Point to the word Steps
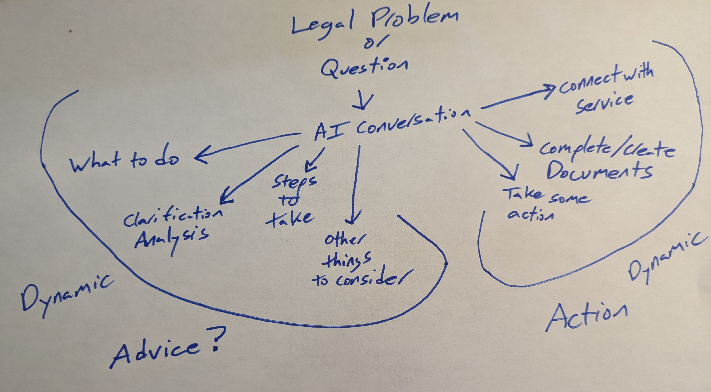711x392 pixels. pyautogui.click(x=294, y=182)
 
